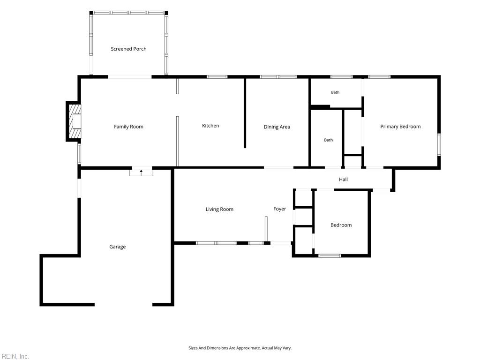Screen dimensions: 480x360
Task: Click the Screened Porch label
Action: [x=128, y=49]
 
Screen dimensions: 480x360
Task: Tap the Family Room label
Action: [x=128, y=127]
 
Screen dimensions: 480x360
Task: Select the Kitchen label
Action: [x=210, y=126]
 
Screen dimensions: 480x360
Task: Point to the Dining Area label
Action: [x=277, y=127]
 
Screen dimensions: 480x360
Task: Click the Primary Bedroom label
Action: [x=400, y=127]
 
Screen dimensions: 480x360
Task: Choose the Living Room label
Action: [x=219, y=210]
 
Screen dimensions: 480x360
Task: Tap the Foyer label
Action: [x=279, y=209]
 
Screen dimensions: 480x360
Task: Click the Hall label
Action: [x=343, y=180]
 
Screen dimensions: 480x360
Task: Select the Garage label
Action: [x=118, y=247]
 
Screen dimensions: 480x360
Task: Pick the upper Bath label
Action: [x=335, y=92]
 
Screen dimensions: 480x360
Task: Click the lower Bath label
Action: [x=329, y=140]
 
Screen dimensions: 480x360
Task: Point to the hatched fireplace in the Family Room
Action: [x=75, y=121]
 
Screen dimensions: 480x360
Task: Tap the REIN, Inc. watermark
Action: [x=15, y=356]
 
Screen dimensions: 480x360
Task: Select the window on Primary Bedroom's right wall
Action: [x=439, y=144]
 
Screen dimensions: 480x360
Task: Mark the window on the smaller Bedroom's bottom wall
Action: [x=330, y=255]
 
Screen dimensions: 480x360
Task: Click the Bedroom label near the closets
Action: [x=341, y=225]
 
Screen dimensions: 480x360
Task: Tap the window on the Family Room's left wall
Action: [x=79, y=154]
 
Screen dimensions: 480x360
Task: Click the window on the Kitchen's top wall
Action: [x=217, y=77]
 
